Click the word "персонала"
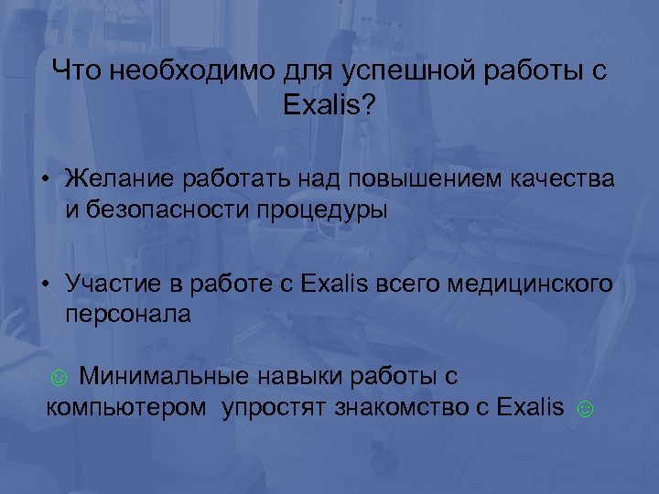coord(128,316)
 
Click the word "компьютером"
coord(126,408)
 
